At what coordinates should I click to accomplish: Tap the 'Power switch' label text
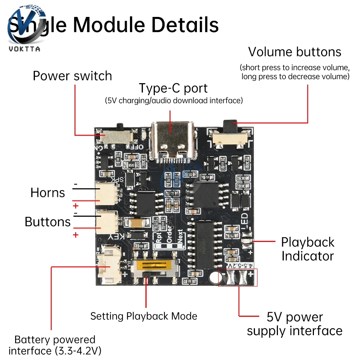click(72, 76)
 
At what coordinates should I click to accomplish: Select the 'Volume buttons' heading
click(294, 52)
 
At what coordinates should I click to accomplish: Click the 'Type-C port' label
click(173, 88)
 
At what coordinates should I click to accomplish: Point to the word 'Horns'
click(48, 193)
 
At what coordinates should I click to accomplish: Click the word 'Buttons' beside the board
click(48, 222)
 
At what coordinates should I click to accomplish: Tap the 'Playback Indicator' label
click(307, 249)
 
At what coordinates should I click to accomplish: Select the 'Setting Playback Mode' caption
click(144, 316)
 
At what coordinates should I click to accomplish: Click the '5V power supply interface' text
click(294, 324)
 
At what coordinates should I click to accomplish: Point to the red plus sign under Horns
click(76, 206)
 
